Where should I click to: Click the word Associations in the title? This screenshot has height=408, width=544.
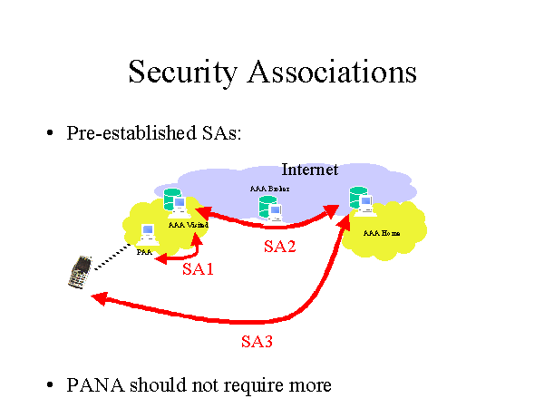pos(335,72)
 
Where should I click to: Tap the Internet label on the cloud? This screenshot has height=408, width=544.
pos(309,170)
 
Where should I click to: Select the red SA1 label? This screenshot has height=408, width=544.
pos(198,269)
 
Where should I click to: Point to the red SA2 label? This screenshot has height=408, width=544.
pos(280,247)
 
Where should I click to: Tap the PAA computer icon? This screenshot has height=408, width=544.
pos(149,237)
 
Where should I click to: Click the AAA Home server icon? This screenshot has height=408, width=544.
pos(361,200)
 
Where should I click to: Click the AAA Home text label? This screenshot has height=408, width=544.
pos(381,233)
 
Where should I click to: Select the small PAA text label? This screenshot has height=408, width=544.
pos(144,252)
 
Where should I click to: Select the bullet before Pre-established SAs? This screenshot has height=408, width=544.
pos(51,133)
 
